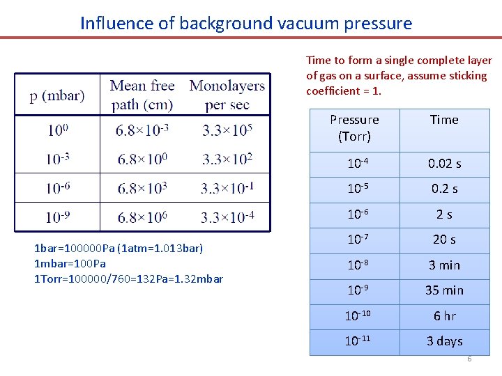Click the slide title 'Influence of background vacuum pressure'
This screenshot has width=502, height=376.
(246, 23)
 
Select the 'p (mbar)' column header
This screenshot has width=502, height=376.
(57, 95)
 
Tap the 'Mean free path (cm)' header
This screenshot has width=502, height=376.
(142, 95)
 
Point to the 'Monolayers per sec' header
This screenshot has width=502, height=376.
(227, 95)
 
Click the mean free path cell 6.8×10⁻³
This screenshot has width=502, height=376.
(142, 130)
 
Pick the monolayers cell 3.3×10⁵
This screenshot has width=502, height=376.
(227, 130)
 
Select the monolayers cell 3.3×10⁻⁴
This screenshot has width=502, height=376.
(227, 217)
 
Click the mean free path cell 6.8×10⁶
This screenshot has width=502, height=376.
(142, 217)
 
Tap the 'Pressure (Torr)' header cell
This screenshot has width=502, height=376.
(354, 128)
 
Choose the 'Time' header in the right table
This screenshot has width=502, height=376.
(444, 120)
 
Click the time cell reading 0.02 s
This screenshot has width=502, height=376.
(444, 164)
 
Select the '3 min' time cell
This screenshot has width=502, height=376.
(444, 265)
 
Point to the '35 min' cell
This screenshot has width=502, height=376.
(444, 290)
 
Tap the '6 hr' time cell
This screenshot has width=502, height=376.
(444, 316)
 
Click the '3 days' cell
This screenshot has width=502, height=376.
(444, 341)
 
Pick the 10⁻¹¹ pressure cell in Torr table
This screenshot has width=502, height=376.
(354, 341)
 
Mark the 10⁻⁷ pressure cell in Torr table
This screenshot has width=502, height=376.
(354, 240)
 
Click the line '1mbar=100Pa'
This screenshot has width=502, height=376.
(70, 264)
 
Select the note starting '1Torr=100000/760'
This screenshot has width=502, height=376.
(128, 279)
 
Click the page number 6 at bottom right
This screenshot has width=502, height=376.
(469, 359)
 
